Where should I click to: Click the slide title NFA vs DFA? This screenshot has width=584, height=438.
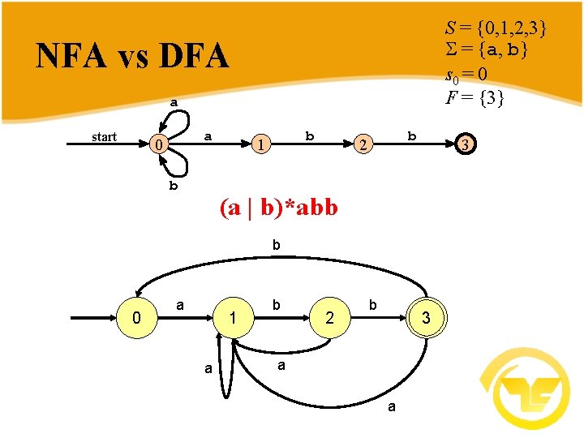tap(132, 56)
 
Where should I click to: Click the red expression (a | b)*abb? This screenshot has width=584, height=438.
tap(278, 208)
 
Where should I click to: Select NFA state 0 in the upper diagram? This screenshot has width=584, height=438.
tap(161, 146)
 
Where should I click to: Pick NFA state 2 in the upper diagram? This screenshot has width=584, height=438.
tap(365, 146)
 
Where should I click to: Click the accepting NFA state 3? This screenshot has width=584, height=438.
tap(464, 145)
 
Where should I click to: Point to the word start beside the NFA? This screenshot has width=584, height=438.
tap(104, 137)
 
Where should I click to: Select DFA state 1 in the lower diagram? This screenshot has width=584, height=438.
tap(233, 320)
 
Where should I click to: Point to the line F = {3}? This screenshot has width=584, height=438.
tap(475, 98)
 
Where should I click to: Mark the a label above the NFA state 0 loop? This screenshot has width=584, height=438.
tap(174, 103)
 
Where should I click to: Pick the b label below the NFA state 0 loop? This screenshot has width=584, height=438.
tap(174, 186)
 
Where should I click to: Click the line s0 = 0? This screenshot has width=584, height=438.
tap(466, 75)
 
